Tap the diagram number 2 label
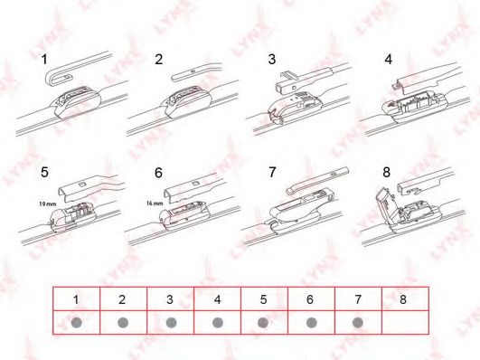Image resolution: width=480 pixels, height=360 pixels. (159, 60)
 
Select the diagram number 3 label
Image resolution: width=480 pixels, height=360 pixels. (271, 60)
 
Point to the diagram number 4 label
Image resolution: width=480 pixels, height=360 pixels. (388, 60)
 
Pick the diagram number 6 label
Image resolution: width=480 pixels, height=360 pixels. (159, 171)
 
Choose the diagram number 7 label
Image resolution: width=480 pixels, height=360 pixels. (271, 171)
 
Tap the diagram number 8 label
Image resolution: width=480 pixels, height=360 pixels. (387, 171)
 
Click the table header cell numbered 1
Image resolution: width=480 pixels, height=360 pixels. (76, 298)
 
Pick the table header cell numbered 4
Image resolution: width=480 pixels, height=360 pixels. (217, 298)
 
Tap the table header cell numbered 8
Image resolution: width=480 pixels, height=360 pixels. (404, 298)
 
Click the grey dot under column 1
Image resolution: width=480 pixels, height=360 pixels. (76, 322)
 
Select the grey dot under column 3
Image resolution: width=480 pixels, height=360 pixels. (170, 322)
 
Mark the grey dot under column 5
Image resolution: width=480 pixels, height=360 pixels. (263, 322)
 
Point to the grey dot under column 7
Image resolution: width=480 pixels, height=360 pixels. (357, 322)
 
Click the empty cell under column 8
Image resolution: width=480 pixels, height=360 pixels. (404, 322)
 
